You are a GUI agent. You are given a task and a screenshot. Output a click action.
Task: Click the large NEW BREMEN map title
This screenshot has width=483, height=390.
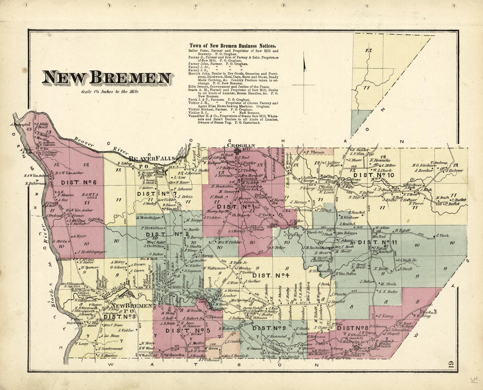click(107, 78)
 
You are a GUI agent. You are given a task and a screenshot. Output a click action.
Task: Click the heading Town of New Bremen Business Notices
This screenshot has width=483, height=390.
click(232, 46)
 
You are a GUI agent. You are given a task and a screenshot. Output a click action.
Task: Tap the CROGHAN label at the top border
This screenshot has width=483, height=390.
click(241, 145)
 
